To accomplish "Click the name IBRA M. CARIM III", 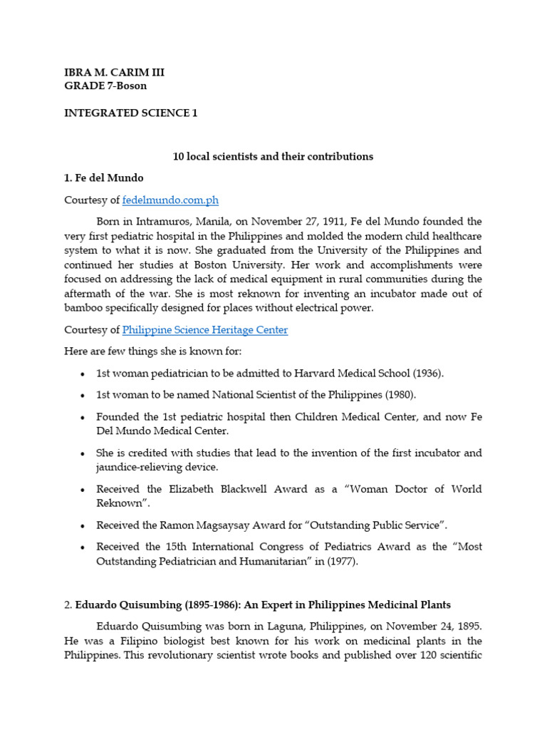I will pos(114,73).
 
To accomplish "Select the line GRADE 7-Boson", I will pos(105,86).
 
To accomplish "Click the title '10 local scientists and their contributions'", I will pos(273,156).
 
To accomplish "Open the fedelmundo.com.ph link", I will pos(170,200).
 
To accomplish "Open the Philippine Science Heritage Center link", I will pos(205,330).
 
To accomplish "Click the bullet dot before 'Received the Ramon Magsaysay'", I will pos(83,525).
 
